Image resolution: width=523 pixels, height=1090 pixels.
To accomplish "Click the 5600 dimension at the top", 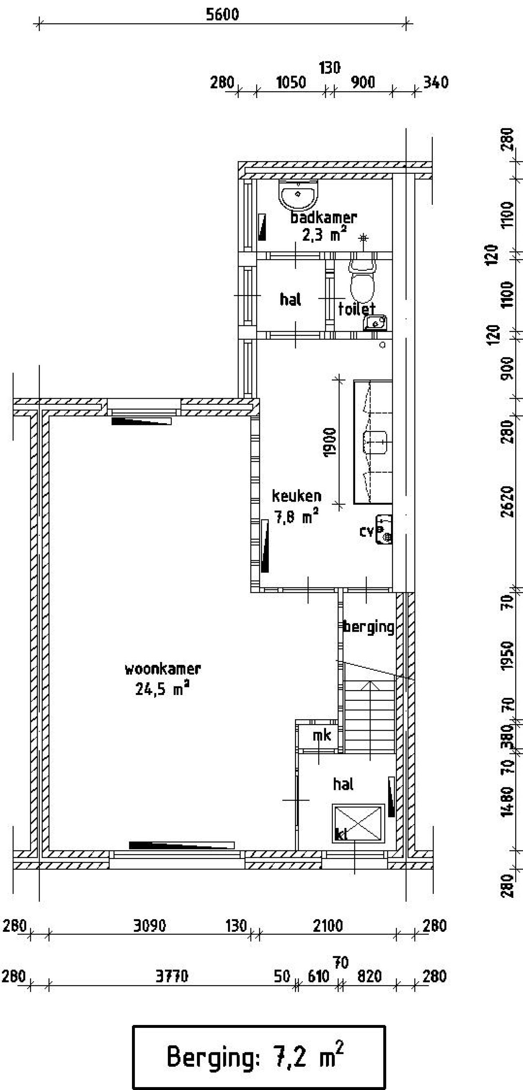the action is coord(222,14).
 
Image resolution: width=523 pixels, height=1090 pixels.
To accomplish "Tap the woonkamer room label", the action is coord(162,669).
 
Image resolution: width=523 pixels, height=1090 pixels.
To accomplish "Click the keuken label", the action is coord(296,496).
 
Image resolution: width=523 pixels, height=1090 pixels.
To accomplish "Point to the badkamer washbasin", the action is coord(299,194).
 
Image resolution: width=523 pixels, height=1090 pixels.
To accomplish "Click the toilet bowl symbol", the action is coord(362,281).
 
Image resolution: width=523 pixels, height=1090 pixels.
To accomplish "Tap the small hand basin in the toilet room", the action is coord(375,323).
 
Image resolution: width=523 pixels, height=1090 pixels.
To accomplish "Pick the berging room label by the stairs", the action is coord(368,627).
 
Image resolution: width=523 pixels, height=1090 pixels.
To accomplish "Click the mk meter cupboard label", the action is coord(322,736).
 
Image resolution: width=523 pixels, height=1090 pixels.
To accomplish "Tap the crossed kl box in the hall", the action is coord(358,823).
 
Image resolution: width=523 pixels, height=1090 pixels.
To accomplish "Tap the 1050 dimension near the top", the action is coord(291,82).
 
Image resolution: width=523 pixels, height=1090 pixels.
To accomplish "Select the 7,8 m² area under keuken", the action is coord(296,516).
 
